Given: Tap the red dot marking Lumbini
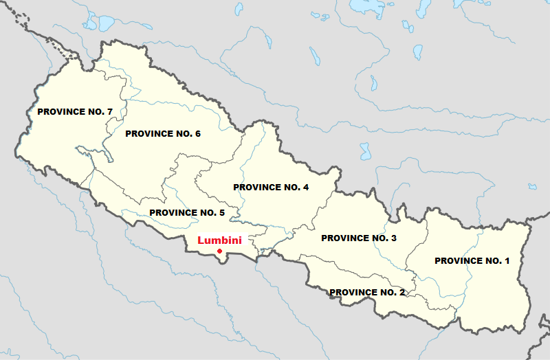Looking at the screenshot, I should (219, 251).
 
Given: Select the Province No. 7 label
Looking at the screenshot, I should (75, 111).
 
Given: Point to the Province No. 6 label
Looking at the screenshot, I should (163, 133).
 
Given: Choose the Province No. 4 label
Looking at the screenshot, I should (271, 187).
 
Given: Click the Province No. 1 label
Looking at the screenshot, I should (472, 260).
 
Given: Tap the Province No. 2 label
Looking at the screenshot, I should (367, 292).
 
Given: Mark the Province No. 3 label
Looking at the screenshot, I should (359, 238).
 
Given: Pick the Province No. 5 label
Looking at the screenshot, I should (187, 212).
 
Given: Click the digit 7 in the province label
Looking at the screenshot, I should (109, 111).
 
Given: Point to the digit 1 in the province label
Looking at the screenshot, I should (507, 260).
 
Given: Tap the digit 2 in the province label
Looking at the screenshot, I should (401, 292).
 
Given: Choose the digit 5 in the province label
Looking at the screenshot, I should (221, 212).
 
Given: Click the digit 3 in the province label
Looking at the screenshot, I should (393, 238).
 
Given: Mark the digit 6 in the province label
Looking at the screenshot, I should (197, 133).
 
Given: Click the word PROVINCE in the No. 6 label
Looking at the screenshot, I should (150, 133).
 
